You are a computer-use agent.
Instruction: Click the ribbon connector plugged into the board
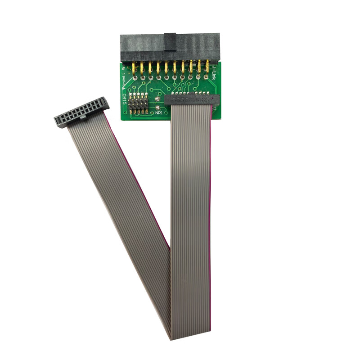click(191, 99)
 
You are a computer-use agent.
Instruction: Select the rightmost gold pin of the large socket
click(207, 67)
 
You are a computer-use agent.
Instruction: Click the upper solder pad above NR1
click(157, 99)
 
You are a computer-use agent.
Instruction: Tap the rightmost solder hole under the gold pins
click(207, 77)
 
